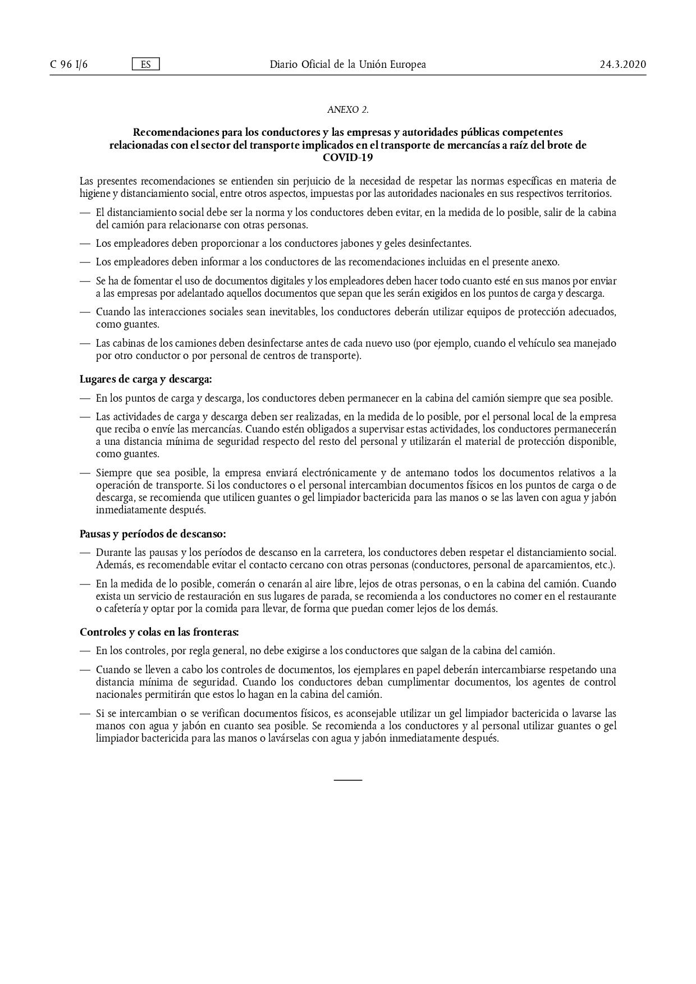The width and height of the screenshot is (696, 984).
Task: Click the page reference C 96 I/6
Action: (x=68, y=65)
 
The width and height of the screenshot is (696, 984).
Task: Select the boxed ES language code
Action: (x=146, y=65)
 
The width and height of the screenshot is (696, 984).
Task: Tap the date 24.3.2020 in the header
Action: (x=622, y=65)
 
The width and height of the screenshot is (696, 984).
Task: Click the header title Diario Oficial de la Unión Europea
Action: (x=347, y=65)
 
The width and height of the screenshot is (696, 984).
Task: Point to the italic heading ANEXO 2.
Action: (x=347, y=110)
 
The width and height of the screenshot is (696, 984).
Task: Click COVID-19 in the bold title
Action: (x=347, y=158)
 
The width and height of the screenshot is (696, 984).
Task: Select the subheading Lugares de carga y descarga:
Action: (x=146, y=379)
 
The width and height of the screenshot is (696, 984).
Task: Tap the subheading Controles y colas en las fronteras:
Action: (x=159, y=632)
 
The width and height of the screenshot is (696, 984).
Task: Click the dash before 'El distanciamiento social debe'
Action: (x=85, y=213)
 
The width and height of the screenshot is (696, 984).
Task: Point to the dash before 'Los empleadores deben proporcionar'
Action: (x=85, y=244)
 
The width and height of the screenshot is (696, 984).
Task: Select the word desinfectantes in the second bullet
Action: (x=440, y=244)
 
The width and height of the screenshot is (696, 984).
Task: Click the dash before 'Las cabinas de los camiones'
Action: (x=85, y=343)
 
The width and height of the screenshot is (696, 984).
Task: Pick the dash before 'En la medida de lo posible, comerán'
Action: (x=85, y=584)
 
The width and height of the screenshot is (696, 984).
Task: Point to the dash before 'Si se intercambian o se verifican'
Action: (x=85, y=714)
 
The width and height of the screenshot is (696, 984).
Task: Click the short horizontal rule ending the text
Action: (x=348, y=780)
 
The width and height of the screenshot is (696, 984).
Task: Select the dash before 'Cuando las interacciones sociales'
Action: (x=85, y=312)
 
